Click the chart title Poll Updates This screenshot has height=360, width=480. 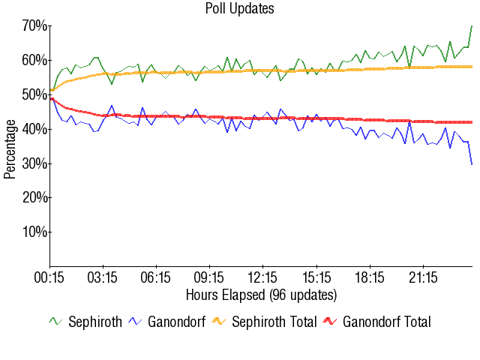point(239,9)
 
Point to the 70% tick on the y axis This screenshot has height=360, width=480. point(34,26)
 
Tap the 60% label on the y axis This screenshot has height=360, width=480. point(34,61)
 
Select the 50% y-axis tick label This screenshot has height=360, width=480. point(34,95)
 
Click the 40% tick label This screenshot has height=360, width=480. point(34,130)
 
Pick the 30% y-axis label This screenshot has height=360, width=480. point(34,163)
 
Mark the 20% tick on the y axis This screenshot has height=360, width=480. point(34,198)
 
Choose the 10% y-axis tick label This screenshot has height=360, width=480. point(34,232)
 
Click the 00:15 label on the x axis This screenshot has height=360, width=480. point(50,277)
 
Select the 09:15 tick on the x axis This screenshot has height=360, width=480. point(210,277)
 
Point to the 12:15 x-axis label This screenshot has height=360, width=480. point(263,277)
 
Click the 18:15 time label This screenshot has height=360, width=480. point(370,277)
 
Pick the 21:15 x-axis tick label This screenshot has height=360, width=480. point(423,277)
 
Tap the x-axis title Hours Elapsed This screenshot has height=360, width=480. point(261,294)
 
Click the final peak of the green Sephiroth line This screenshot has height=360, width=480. point(472,26)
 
